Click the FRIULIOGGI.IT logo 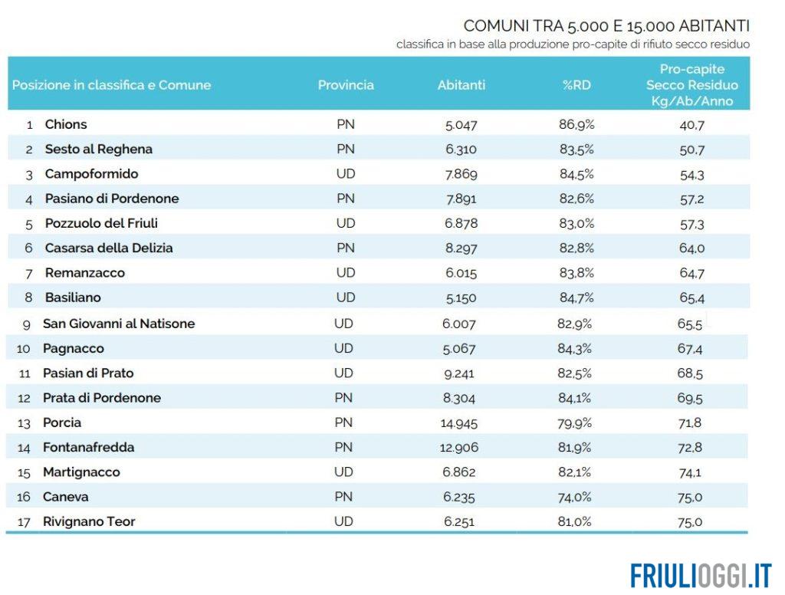(701, 574)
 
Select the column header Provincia (346, 85)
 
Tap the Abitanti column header (461, 85)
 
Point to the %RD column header (576, 85)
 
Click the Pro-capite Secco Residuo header (691, 85)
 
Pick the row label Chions (66, 124)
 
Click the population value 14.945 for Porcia (461, 422)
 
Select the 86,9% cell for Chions (576, 124)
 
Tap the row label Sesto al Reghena (98, 149)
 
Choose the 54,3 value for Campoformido (691, 174)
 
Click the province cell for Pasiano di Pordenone (346, 199)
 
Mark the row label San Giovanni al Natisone (119, 324)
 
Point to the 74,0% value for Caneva (575, 497)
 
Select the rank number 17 (23, 522)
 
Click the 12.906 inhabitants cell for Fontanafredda (459, 447)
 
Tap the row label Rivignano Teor (89, 521)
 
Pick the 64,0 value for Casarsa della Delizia (691, 248)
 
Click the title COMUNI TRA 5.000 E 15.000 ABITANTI (606, 27)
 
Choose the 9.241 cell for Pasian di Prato (459, 373)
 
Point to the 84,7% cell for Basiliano (576, 297)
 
